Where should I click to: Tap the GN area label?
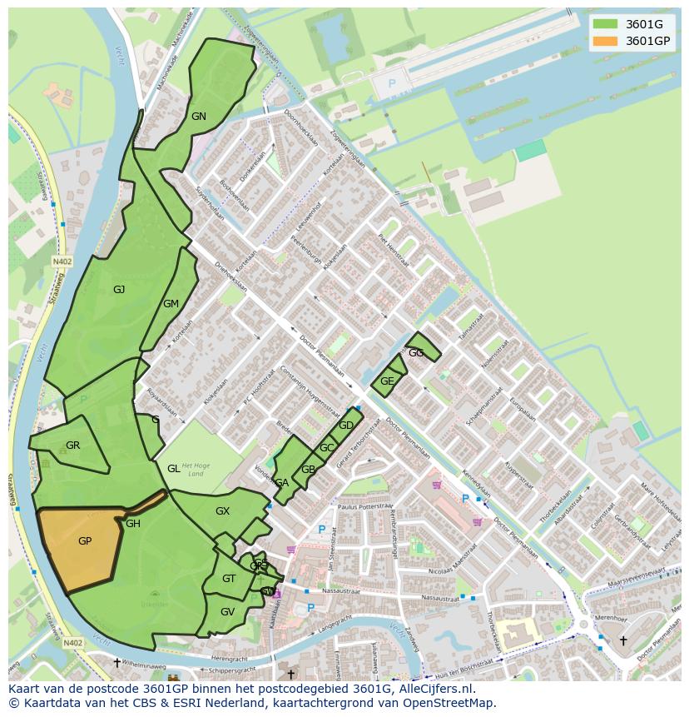pos(198,117)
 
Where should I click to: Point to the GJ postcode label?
pos(119,290)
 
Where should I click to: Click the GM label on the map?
pos(171,304)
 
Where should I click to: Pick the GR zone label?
pos(72,446)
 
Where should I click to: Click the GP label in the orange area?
pos(84,541)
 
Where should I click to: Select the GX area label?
pos(222,511)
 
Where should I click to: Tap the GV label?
pos(227,611)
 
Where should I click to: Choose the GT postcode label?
pos(229,579)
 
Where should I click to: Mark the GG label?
pos(416,353)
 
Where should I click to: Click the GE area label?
pos(386,381)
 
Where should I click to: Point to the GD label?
pos(346,426)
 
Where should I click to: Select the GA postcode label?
pos(281,483)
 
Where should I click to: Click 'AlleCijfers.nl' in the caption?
pos(434,689)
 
